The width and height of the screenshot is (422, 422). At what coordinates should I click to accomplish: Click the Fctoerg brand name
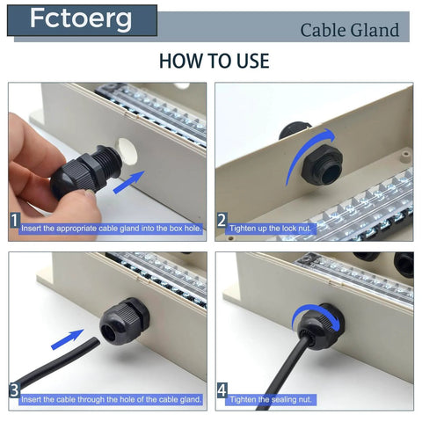click(x=81, y=19)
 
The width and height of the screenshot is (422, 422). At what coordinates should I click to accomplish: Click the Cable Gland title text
click(x=349, y=31)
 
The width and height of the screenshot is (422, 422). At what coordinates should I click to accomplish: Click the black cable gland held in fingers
click(x=83, y=168)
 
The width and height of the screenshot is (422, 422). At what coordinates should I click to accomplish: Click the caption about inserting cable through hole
click(x=111, y=398)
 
